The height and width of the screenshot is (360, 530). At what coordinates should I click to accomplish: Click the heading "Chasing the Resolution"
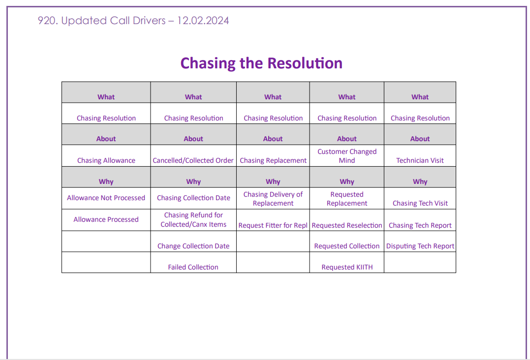261,63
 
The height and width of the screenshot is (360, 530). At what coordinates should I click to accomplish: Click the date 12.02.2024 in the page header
203,21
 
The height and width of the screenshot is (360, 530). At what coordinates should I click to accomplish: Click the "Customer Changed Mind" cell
347,156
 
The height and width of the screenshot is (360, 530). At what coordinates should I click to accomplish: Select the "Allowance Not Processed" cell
106,198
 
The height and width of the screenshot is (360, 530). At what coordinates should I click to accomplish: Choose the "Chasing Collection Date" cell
193,198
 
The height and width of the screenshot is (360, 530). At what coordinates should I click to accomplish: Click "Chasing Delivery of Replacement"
273,199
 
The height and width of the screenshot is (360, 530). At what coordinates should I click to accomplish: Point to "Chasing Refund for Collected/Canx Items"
193,219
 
